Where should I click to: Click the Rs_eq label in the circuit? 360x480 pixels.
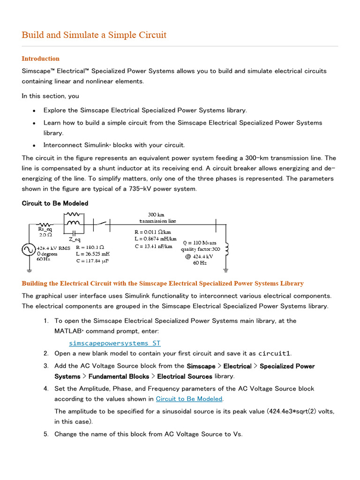pyautogui.click(x=45, y=229)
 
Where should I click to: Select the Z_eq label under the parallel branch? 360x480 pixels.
pyautogui.click(x=75, y=239)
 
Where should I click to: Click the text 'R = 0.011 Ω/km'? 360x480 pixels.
pyautogui.click(x=153, y=232)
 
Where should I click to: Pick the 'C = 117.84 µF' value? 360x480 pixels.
pyautogui.click(x=92, y=261)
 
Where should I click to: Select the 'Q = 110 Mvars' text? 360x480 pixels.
pyautogui.click(x=200, y=243)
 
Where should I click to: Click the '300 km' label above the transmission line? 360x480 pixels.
pyautogui.click(x=156, y=214)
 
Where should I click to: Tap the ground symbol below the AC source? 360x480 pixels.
pyautogui.click(x=29, y=270)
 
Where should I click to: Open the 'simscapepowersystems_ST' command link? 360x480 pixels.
pyautogui.click(x=114, y=343)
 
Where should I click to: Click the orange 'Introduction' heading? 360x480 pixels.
pyautogui.click(x=41, y=59)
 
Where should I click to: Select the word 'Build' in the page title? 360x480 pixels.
pyautogui.click(x=32, y=35)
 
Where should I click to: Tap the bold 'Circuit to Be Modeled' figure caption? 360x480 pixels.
pyautogui.click(x=55, y=203)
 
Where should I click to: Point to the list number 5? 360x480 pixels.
pyautogui.click(x=46, y=434)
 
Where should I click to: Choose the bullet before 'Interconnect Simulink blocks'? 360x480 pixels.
pyautogui.click(x=34, y=145)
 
